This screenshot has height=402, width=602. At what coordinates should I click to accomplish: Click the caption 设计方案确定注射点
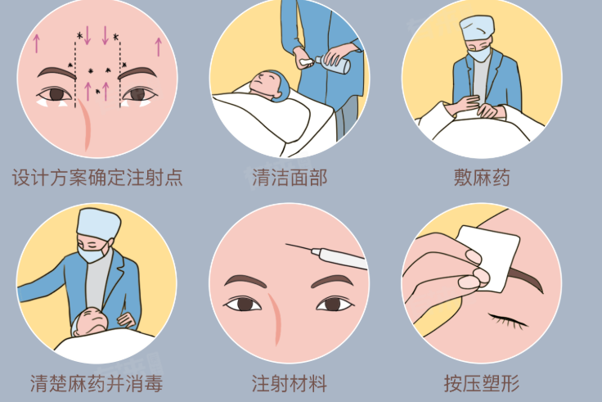click(97, 178)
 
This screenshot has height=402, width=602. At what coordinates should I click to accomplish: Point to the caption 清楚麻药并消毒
click(97, 382)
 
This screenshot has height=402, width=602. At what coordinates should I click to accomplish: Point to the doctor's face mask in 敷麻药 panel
click(478, 55)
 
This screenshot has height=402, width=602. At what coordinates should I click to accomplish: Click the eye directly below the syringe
click(334, 304)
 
